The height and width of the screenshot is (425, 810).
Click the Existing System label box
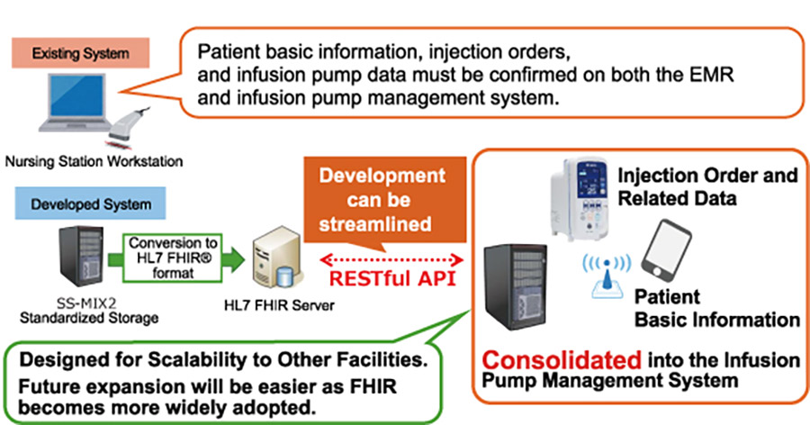[81, 53]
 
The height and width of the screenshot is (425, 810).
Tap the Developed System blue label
[90, 203]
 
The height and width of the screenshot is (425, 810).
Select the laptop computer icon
[76, 104]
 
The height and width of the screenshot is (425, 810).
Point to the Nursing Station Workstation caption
[94, 161]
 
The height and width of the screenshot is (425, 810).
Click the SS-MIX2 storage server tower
[81, 256]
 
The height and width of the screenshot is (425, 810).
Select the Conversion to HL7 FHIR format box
[173, 258]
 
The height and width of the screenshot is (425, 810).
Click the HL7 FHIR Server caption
[279, 305]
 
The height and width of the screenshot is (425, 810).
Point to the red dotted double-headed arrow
[391, 259]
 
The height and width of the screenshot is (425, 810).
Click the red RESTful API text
[392, 278]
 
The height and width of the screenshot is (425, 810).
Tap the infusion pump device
[580, 199]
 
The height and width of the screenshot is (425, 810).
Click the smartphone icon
[666, 250]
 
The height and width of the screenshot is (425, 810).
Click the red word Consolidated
[562, 360]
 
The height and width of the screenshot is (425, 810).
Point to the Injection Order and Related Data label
[707, 186]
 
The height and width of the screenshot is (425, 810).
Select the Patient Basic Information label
[717, 308]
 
